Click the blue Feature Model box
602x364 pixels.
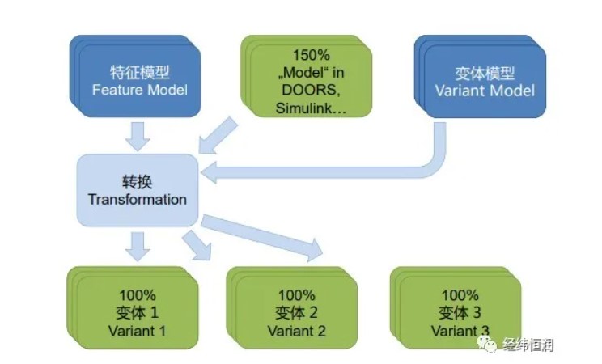(135, 76)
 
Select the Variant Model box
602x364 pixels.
(481, 76)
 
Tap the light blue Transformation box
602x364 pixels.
(138, 190)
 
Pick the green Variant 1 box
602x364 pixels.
(133, 308)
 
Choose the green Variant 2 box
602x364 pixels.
(292, 308)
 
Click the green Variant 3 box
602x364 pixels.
(456, 308)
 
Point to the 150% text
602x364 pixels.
(312, 55)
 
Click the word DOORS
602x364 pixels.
(311, 90)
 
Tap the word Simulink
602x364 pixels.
(303, 108)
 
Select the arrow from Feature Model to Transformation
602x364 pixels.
(138, 137)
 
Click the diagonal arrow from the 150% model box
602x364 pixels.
(218, 136)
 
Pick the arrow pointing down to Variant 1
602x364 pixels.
(138, 247)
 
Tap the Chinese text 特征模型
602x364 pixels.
(140, 72)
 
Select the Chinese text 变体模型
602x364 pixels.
(485, 73)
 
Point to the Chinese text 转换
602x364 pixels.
(138, 182)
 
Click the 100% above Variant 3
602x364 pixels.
(460, 295)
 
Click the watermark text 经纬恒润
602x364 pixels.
(528, 345)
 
